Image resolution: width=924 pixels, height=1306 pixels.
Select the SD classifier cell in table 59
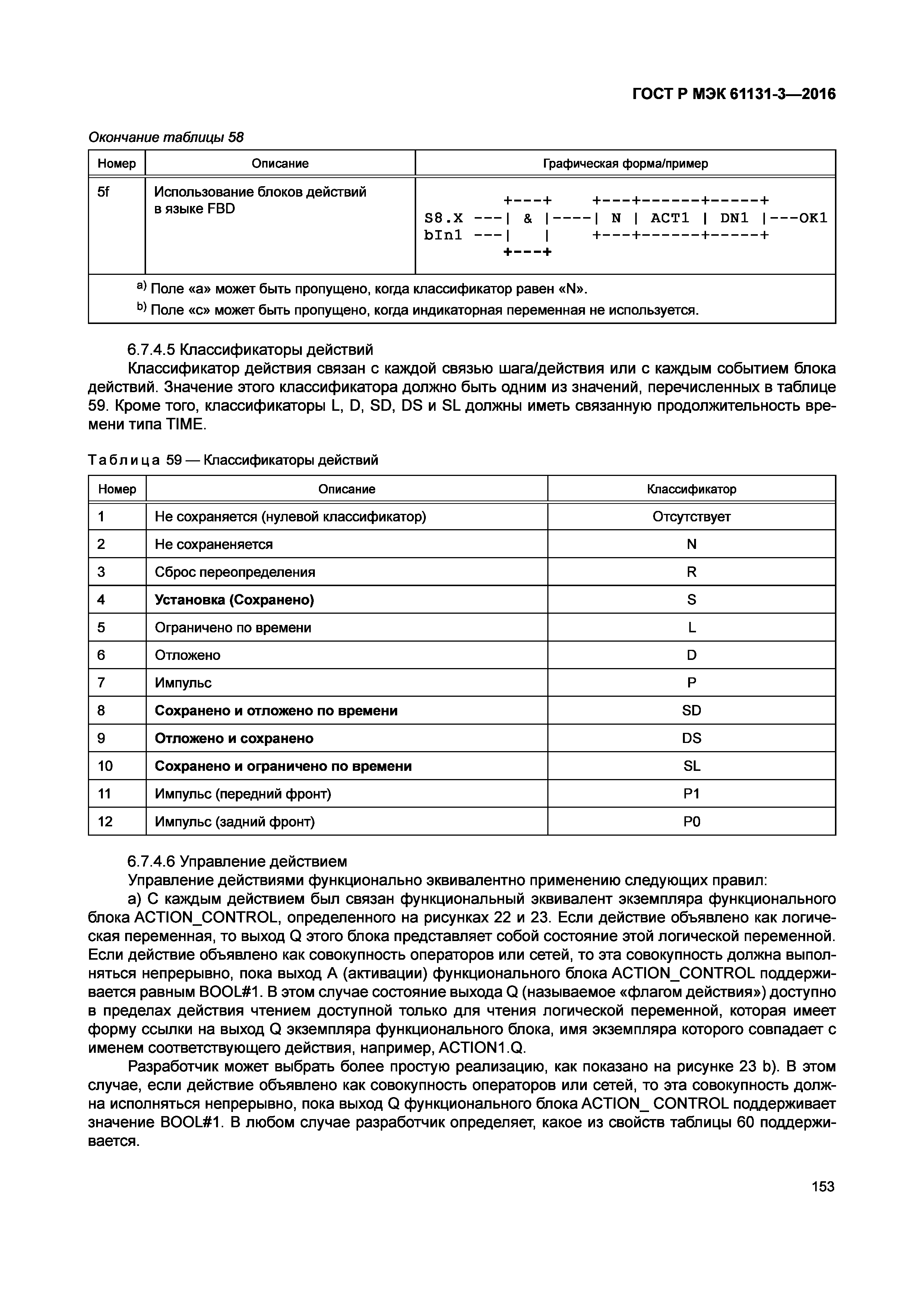click(691, 711)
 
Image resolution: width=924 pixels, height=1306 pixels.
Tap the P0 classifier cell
click(691, 822)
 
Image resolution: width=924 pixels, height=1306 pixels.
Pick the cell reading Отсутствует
click(691, 517)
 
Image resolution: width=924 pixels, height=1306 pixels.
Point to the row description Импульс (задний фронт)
click(234, 822)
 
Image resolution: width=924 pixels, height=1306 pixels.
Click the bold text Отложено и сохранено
click(234, 738)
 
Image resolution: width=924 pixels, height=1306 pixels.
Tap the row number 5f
click(103, 192)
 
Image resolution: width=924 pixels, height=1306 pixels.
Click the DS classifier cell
click(691, 738)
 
